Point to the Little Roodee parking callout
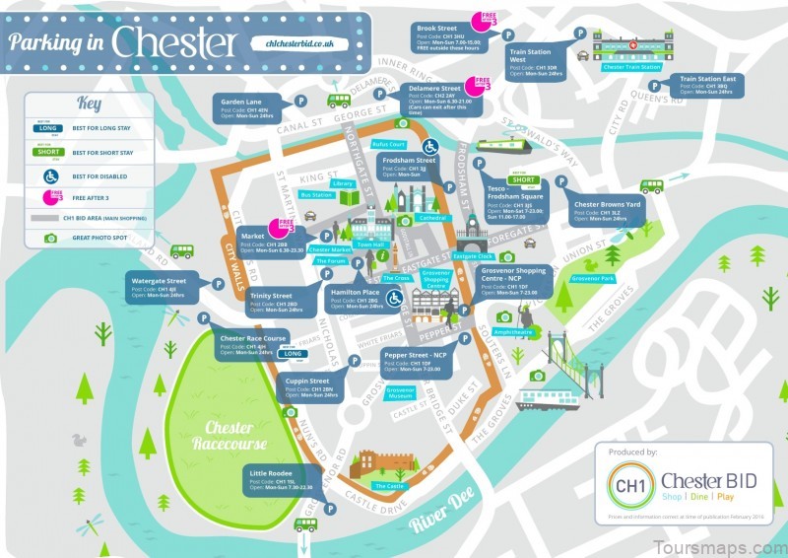280,480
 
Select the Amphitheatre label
513,332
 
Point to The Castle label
387,486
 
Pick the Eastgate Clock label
479,255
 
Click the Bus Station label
316,195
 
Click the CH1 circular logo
625,486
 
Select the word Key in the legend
90,103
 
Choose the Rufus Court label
389,144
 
